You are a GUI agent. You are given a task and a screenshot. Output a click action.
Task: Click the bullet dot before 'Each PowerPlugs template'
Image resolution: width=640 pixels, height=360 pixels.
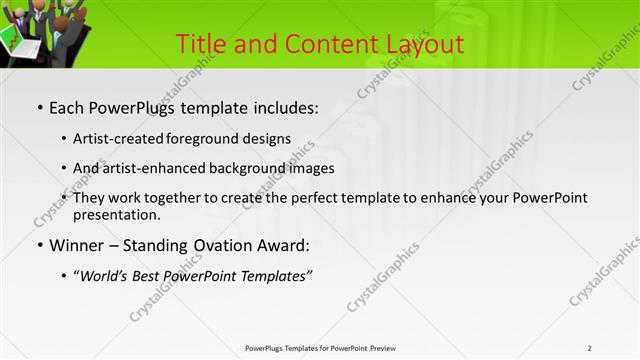[39, 107]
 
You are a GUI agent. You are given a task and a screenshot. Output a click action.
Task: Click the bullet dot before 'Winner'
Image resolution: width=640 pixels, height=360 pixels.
[39, 245]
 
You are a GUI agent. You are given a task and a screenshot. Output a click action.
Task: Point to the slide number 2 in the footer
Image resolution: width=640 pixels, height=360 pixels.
[589, 348]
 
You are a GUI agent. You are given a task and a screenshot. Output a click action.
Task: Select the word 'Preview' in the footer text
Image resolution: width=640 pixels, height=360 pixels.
[389, 348]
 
